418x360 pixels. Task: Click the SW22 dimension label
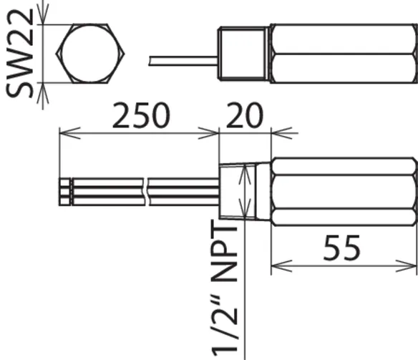(20, 53)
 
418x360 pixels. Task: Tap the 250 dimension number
(141, 115)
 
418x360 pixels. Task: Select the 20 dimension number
(245, 115)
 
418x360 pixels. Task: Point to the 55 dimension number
(342, 248)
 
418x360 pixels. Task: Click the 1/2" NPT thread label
(225, 287)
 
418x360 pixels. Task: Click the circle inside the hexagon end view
(90, 54)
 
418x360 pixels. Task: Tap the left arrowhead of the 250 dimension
(70, 133)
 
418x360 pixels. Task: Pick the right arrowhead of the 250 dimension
(208, 133)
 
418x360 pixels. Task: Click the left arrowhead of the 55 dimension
(281, 266)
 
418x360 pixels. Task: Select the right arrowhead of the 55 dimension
(406, 266)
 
